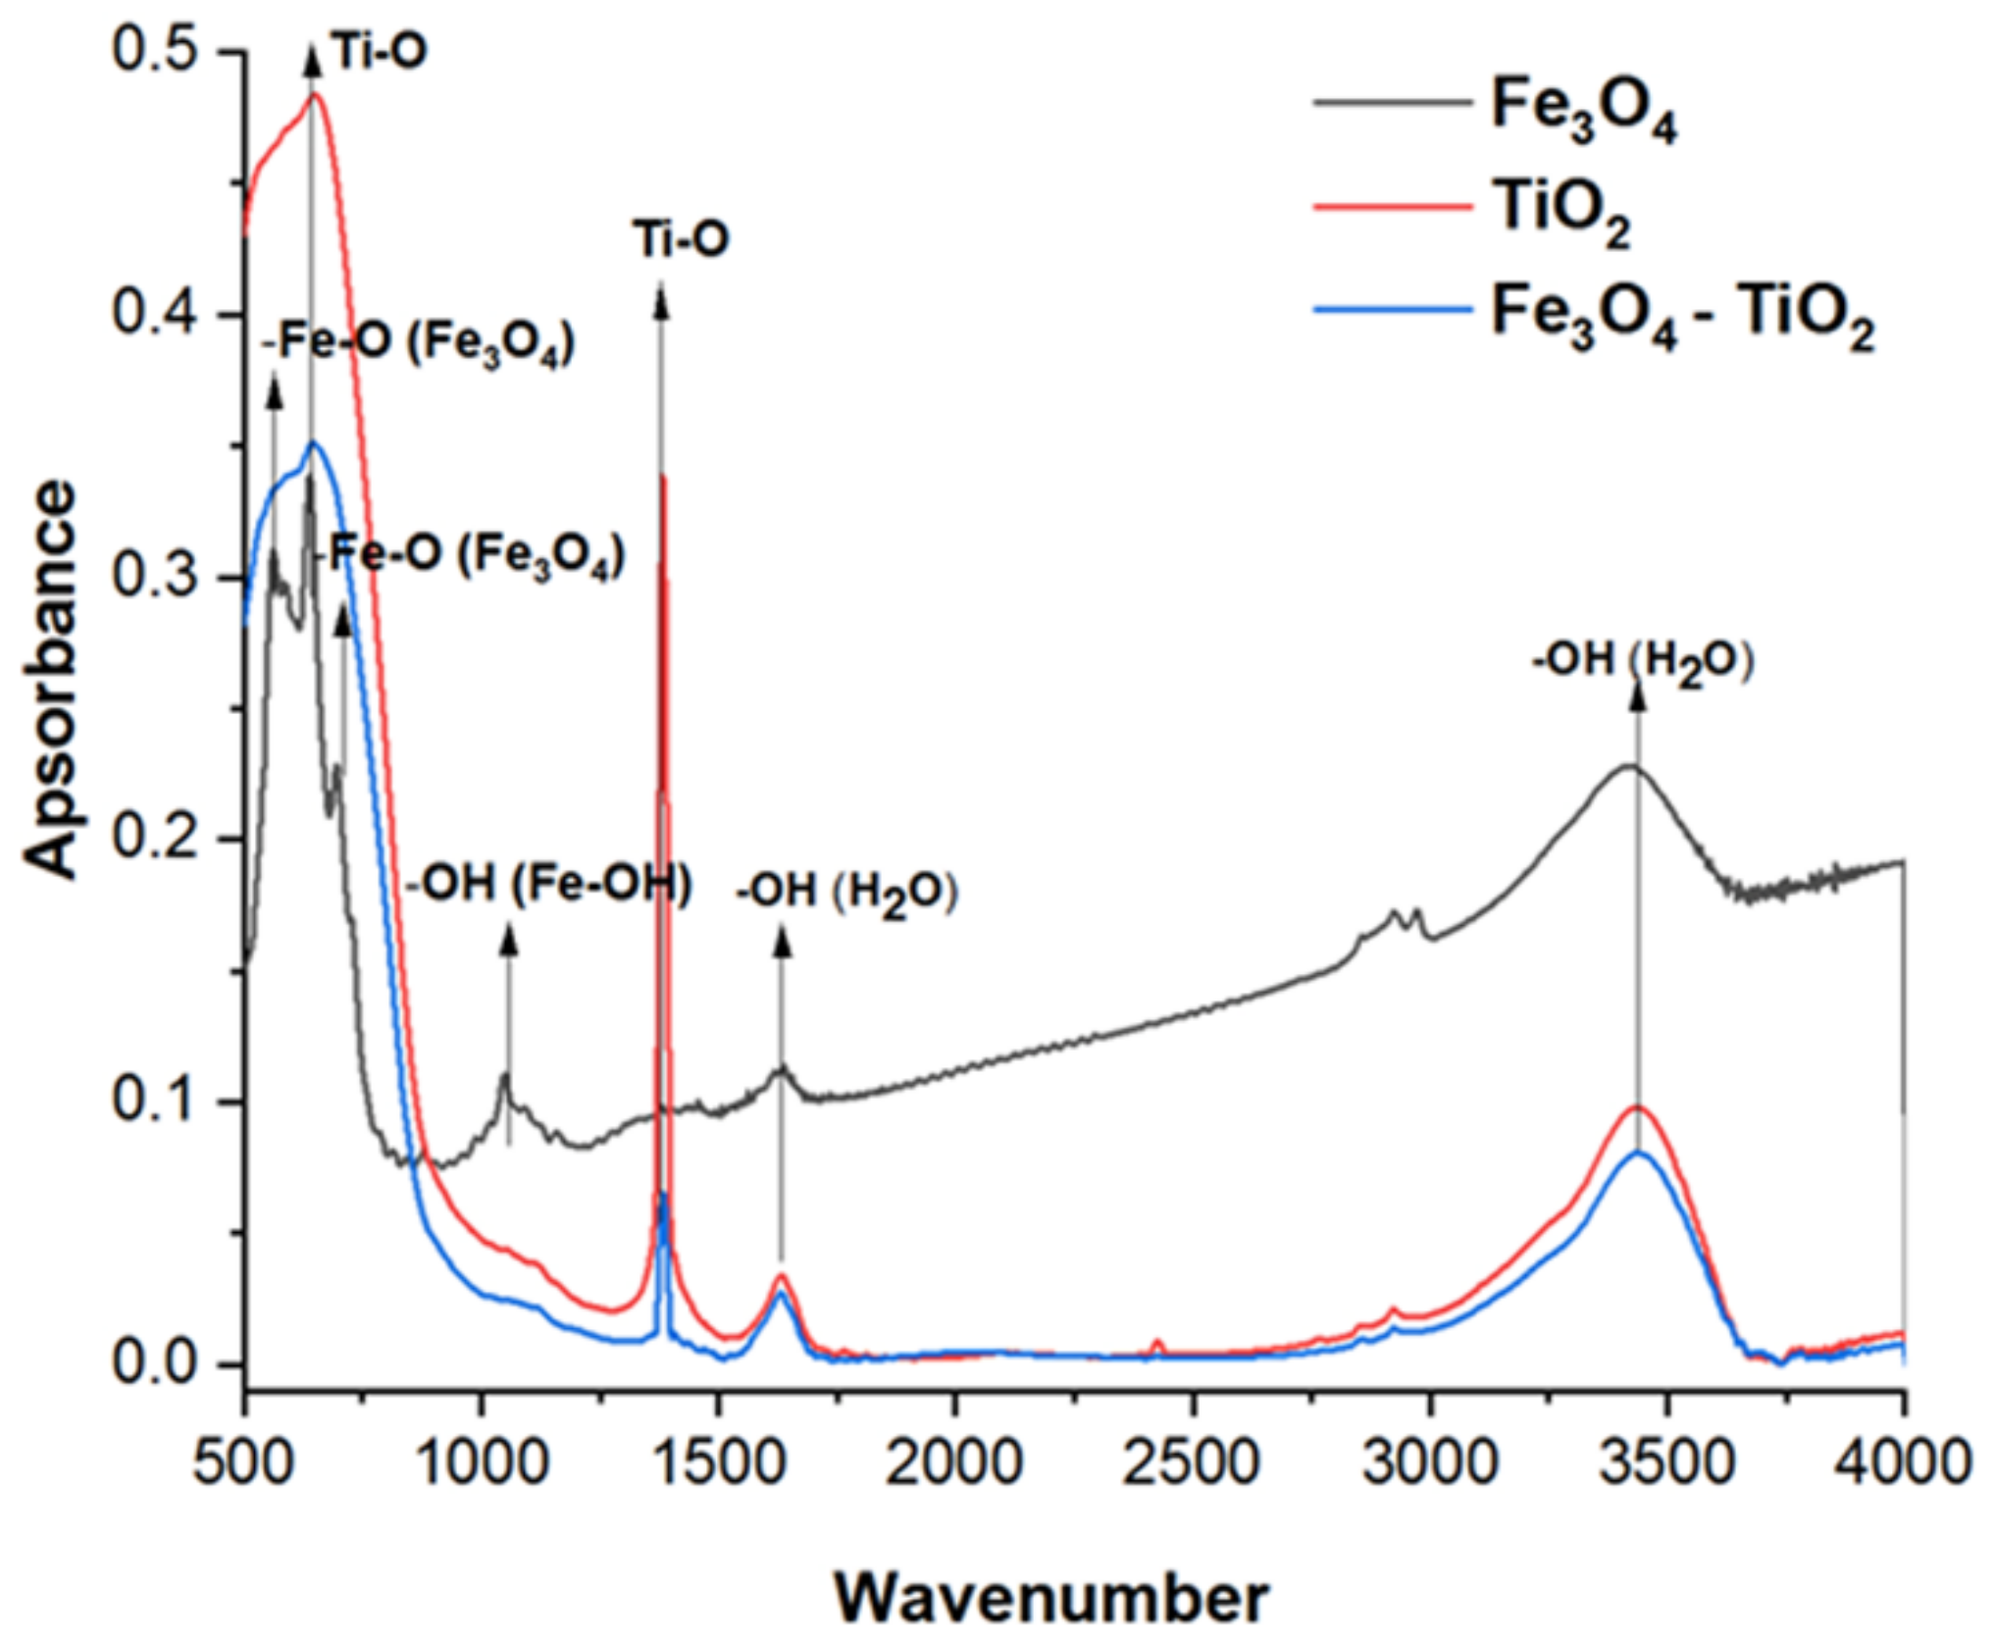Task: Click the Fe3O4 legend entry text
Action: [x=1582, y=110]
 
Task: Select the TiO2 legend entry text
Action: [x=1560, y=214]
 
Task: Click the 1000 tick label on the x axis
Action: [x=481, y=1462]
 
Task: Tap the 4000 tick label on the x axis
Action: [x=1903, y=1462]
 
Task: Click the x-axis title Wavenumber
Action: [x=1051, y=1596]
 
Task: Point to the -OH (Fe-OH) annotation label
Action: [x=549, y=885]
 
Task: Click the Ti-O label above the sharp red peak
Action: [x=681, y=237]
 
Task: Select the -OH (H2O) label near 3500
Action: [x=1643, y=663]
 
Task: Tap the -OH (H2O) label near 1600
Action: [x=847, y=893]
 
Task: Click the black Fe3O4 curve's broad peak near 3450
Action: [x=1630, y=765]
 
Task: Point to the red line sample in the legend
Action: [x=1393, y=207]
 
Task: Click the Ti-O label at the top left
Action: [x=380, y=51]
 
